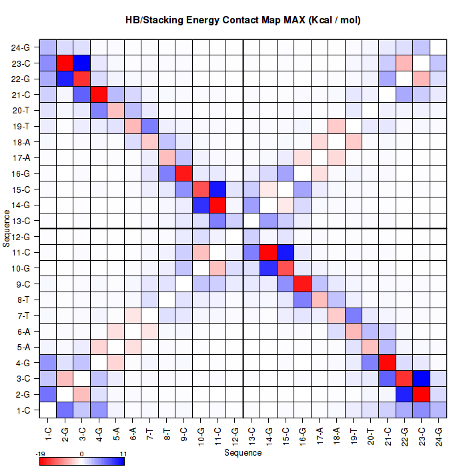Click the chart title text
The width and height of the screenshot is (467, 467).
[x=243, y=20]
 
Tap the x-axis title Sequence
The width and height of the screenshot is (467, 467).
[x=243, y=453]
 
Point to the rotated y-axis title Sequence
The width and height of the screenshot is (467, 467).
[x=6, y=228]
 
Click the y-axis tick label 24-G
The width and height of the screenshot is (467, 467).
[x=21, y=48]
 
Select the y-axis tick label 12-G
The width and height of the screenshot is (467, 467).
[x=21, y=237]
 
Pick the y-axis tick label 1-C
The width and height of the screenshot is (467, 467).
[x=22, y=410]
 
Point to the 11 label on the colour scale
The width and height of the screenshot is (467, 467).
[x=122, y=454]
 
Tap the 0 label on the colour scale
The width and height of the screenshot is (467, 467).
[x=81, y=454]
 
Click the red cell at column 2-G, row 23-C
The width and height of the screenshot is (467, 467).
[x=65, y=63]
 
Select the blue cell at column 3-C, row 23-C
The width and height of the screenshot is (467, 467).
[x=81, y=63]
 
